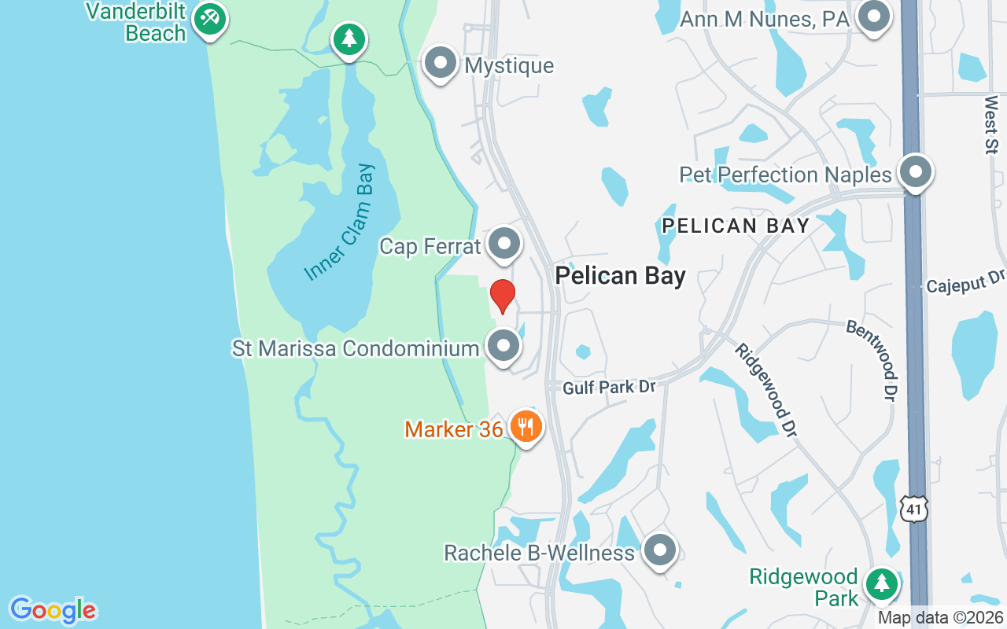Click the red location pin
pyautogui.click(x=502, y=296)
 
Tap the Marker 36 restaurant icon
pyautogui.click(x=526, y=427)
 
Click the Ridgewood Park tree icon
pyautogui.click(x=881, y=584)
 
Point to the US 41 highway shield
pyautogui.click(x=915, y=508)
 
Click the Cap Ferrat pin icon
pyautogui.click(x=503, y=245)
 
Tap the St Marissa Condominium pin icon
pyautogui.click(x=503, y=346)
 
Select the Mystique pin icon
pyautogui.click(x=441, y=63)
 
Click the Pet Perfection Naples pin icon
pyautogui.click(x=915, y=172)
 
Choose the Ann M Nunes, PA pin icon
pyautogui.click(x=872, y=17)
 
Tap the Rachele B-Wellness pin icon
pyautogui.click(x=659, y=551)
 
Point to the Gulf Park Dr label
pyautogui.click(x=609, y=387)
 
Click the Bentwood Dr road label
pyautogui.click(x=872, y=359)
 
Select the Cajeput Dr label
pyautogui.click(x=965, y=282)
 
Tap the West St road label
pyautogui.click(x=991, y=124)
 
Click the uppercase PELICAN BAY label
pyautogui.click(x=736, y=226)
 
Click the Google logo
pyautogui.click(x=53, y=610)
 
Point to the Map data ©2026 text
pyautogui.click(x=941, y=618)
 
